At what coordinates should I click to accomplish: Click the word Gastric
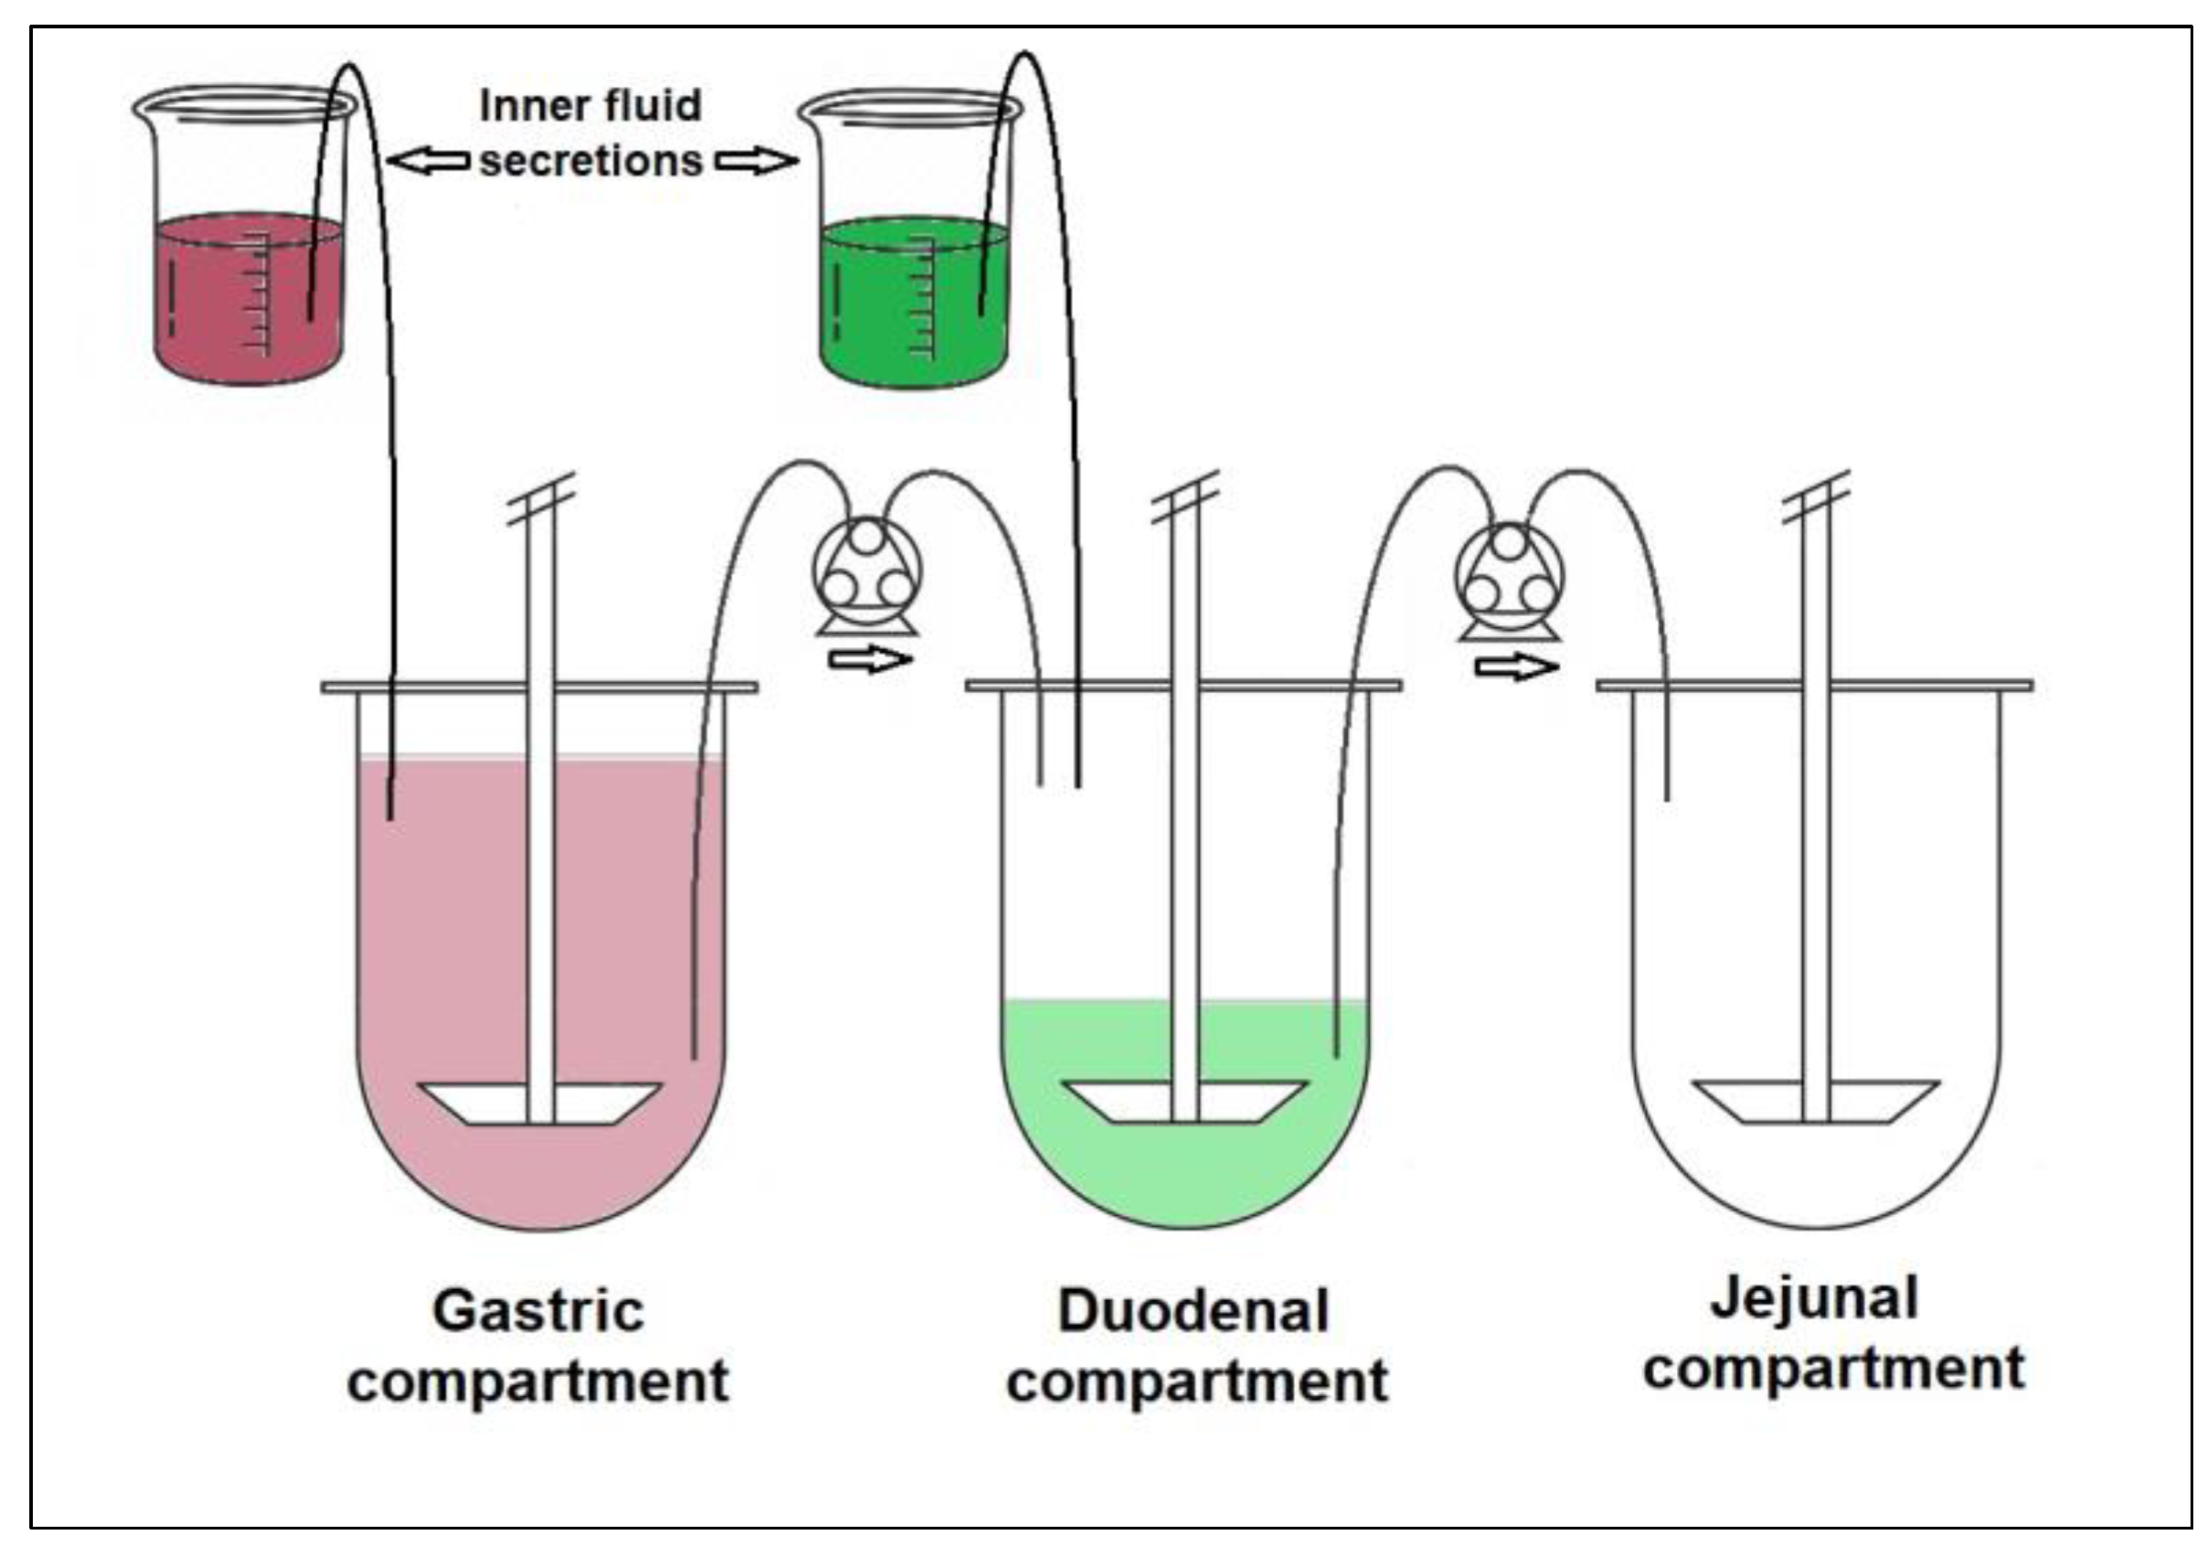coord(537,1311)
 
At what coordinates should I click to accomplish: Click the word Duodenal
coord(1193,1311)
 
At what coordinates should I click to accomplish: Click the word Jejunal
coord(1814,1299)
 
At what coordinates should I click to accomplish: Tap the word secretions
coord(591,161)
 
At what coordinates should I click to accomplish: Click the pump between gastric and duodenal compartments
coord(867,575)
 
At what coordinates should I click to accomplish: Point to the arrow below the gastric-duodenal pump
coord(870,659)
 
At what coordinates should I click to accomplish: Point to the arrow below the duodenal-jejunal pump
coord(1516,666)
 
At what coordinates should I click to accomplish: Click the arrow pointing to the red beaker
coord(429,161)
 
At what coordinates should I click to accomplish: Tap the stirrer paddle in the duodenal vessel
coord(1184,1102)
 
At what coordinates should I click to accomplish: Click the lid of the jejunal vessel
coord(1814,686)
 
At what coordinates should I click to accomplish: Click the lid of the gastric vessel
coord(539,688)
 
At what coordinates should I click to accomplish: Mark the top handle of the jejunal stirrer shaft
coord(1816,497)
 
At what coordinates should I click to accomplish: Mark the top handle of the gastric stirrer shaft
coord(541,499)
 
